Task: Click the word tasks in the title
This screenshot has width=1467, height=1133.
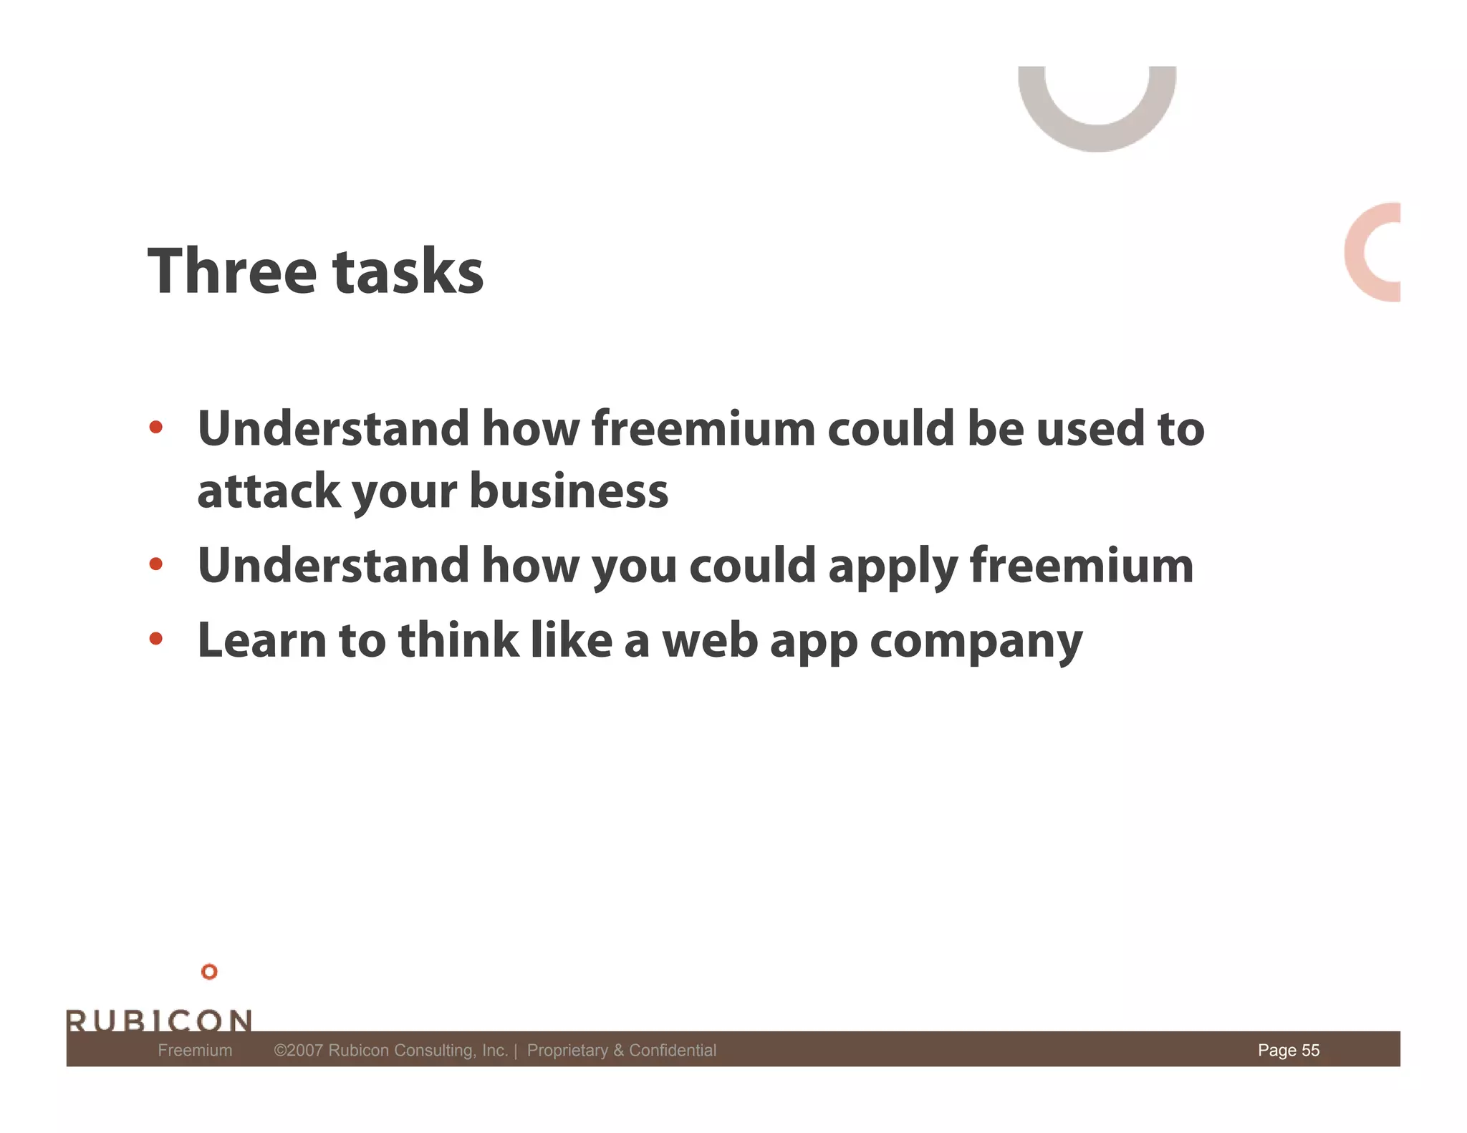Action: (408, 271)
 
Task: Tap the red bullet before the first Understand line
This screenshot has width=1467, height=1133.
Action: (155, 428)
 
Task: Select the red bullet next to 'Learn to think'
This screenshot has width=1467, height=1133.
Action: (155, 638)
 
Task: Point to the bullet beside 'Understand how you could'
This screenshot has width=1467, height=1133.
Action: (155, 564)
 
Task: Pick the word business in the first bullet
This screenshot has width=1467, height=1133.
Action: (569, 492)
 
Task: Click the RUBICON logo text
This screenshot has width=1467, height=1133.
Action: (159, 1020)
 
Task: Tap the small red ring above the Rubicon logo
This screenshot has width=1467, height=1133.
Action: (209, 971)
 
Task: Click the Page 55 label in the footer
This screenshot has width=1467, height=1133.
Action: (1288, 1050)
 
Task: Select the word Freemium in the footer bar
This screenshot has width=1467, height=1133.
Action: (195, 1050)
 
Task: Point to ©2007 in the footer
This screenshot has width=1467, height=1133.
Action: (298, 1050)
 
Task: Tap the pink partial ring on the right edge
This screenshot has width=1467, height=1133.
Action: (1357, 252)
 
